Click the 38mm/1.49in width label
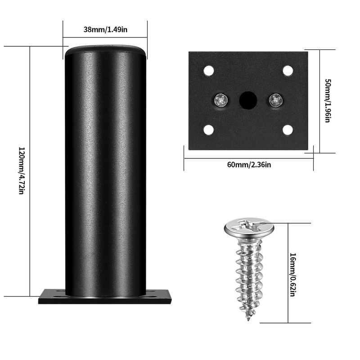click(x=105, y=30)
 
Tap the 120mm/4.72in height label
click(x=21, y=171)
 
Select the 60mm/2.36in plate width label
click(x=248, y=165)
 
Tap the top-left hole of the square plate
click(x=208, y=71)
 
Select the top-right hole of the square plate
click(x=288, y=71)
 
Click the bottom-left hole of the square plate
click(x=208, y=130)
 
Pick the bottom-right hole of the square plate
click(x=288, y=130)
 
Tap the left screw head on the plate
click(x=220, y=100)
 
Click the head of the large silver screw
click(x=248, y=228)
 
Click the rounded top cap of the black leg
click(x=106, y=49)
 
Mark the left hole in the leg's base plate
click(x=58, y=297)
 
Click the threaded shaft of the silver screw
click(x=248, y=274)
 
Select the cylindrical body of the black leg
click(x=105, y=171)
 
